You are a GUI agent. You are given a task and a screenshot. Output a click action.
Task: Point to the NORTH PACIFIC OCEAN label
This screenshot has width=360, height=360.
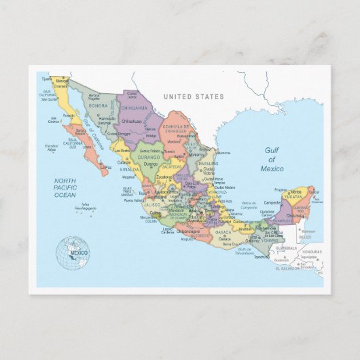pos(70,187)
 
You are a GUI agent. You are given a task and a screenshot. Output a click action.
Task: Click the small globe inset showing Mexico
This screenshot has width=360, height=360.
pos(73,253)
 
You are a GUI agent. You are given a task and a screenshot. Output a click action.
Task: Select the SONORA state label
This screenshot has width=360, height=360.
pos(98,106)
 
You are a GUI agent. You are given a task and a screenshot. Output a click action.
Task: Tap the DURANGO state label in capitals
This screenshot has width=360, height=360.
pos(149,157)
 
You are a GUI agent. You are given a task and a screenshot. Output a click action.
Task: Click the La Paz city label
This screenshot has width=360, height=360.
pos(105,166)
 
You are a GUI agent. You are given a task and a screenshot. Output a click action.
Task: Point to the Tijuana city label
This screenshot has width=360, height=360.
pos(46,79)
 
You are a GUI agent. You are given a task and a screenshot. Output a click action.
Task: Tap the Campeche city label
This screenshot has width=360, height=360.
pos(272,202)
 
